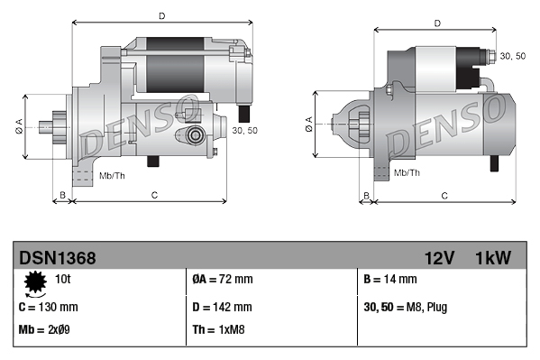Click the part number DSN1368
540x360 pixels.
coord(57,259)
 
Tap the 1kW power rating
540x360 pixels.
coord(493,259)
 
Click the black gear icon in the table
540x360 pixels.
coord(35,283)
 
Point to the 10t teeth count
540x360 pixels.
coord(64,280)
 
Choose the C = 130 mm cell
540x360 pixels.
coord(49,306)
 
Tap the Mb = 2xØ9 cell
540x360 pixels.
coord(45,329)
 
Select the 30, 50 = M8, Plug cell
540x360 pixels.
coord(406,306)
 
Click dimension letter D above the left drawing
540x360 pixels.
coord(161,15)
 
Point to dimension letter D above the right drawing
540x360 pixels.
coord(436,23)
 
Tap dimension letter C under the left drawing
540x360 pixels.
coord(154,195)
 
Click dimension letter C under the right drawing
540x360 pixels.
coord(444,195)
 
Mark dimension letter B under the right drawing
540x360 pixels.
coord(366,195)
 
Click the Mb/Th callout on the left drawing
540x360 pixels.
coord(112,173)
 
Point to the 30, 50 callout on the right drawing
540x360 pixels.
coord(512,56)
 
